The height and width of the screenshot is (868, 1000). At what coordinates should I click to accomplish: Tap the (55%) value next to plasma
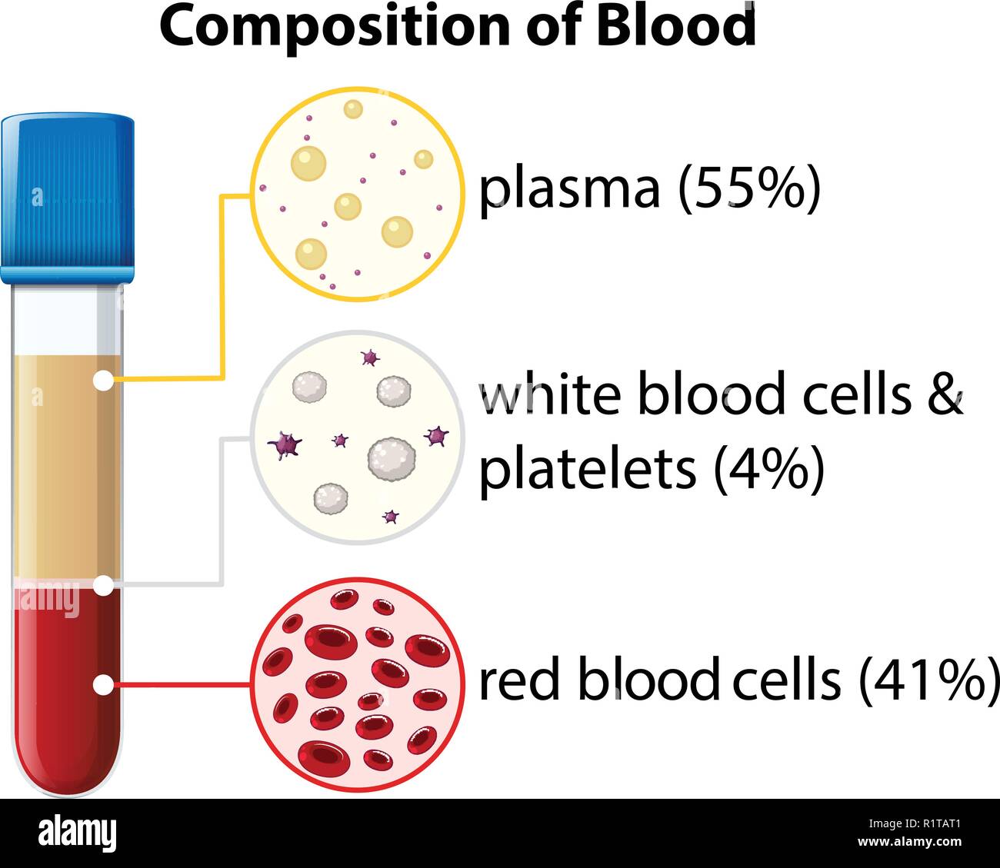click(x=749, y=189)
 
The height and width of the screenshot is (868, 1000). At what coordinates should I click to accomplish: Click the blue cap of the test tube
click(x=68, y=196)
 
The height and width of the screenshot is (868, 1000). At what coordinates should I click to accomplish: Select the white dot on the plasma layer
click(x=102, y=380)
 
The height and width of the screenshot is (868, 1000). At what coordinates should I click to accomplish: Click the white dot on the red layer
click(x=102, y=684)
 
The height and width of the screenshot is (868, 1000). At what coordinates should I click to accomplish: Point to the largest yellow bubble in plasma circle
click(x=308, y=163)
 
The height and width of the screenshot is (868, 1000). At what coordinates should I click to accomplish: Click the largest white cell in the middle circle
click(x=391, y=458)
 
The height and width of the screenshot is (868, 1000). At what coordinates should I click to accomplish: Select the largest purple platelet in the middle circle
click(x=285, y=444)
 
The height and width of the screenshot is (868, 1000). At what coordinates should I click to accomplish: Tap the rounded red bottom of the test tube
click(x=67, y=769)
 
